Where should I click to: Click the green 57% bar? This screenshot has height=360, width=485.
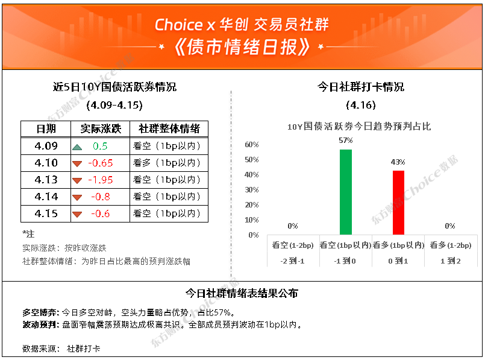click(x=345, y=192)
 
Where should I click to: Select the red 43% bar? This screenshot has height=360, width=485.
click(x=398, y=203)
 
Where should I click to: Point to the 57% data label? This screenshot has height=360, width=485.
click(x=345, y=141)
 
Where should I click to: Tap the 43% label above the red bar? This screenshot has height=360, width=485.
click(x=398, y=162)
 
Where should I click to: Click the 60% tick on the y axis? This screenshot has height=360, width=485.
click(x=251, y=145)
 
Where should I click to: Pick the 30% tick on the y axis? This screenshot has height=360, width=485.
click(x=251, y=190)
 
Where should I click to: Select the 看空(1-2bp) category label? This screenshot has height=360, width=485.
click(x=293, y=245)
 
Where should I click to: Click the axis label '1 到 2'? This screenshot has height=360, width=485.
click(x=451, y=261)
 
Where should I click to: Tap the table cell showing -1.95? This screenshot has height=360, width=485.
click(x=101, y=180)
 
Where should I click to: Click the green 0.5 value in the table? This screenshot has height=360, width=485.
click(x=100, y=146)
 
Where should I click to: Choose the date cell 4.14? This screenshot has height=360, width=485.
click(x=46, y=197)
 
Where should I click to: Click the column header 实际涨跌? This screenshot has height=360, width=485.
click(x=101, y=129)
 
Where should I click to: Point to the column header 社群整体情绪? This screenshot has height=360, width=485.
click(x=169, y=129)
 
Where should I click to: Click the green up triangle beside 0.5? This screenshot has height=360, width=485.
click(x=77, y=147)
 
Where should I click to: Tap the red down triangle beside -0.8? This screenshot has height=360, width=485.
click(x=77, y=198)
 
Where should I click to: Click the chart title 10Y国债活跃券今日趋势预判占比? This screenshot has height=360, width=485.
click(x=359, y=126)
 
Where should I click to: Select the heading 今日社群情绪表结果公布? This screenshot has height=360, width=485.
click(x=242, y=293)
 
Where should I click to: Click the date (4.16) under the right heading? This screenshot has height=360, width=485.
click(x=361, y=105)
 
